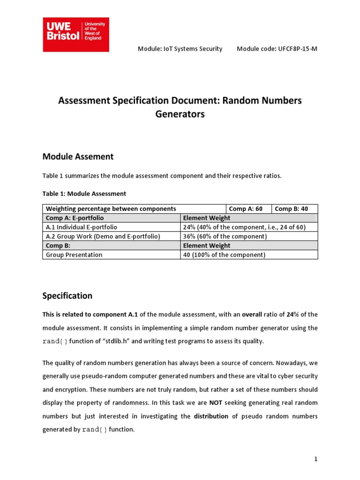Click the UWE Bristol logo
tap(75, 35)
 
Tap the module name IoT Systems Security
tap(180, 49)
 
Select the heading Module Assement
tap(78, 156)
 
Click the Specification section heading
tap(67, 296)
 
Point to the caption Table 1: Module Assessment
tap(84, 193)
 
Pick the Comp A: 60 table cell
tap(246, 209)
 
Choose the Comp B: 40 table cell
tap(292, 209)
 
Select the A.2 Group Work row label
tap(103, 236)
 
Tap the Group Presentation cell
tap(74, 255)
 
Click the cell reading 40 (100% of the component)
tap(224, 255)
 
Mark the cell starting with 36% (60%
tap(225, 236)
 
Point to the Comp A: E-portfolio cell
tap(75, 218)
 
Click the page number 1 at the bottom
tap(316, 459)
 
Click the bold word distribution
tap(211, 416)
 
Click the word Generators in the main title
tap(180, 114)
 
